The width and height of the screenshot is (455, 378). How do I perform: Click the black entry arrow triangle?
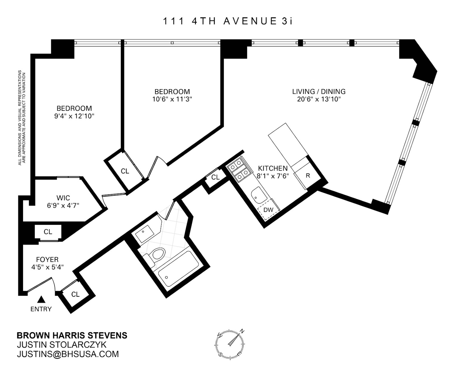(42, 299)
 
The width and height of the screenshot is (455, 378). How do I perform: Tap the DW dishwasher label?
(268, 210)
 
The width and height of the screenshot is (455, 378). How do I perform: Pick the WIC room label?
(63, 198)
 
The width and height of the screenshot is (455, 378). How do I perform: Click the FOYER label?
(47, 259)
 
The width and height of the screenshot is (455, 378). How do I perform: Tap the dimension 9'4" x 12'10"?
(74, 116)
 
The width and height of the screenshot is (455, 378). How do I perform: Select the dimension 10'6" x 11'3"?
(172, 99)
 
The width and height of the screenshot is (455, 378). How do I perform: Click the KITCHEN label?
(273, 168)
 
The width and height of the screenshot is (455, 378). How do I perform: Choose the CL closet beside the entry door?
(75, 294)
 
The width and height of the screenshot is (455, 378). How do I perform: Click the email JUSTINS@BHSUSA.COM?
(68, 354)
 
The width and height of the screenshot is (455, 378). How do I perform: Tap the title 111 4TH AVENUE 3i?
(227, 21)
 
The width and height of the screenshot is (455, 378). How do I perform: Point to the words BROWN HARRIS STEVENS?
(72, 335)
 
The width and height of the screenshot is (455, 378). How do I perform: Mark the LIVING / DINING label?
(319, 92)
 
